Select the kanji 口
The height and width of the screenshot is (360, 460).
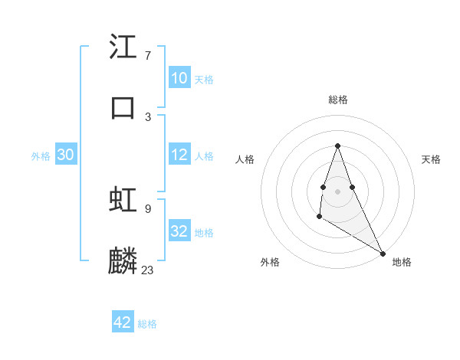pos(123,106)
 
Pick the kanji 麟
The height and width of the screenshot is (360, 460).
pos(123,260)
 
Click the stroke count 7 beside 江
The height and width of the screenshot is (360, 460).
pos(148,56)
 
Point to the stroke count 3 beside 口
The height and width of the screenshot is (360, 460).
pos(148,116)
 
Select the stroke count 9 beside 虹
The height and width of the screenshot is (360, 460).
pos(148,208)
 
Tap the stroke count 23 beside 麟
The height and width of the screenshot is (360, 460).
pos(148,270)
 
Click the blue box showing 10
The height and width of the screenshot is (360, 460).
pos(179,78)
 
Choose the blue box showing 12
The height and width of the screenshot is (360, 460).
pos(179,155)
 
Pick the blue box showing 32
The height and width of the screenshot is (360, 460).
pos(179,231)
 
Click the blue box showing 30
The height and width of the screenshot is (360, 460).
pos(66,155)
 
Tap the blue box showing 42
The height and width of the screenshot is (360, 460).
pos(123,322)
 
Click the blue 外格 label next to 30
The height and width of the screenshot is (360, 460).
pos(41,155)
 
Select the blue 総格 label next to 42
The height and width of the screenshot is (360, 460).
pos(147,324)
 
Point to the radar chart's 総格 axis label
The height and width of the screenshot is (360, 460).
pos(337,100)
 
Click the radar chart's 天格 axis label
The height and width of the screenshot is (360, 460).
pos(432,159)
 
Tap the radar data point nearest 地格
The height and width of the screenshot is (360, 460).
pos(383,253)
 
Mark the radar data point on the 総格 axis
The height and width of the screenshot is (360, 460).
pos(337,146)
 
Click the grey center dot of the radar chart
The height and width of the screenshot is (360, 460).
pos(337,190)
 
